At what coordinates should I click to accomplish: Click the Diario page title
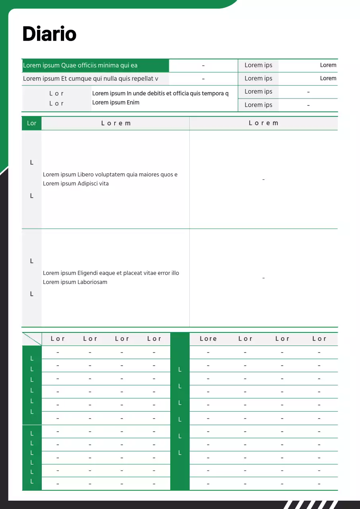click(49, 34)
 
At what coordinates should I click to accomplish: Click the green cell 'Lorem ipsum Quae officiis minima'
click(80, 66)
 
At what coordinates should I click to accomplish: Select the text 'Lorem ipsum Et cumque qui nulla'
click(90, 79)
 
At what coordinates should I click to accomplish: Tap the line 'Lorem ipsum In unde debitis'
click(160, 94)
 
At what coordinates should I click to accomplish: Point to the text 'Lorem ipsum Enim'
click(116, 103)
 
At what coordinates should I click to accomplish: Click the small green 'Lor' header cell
click(31, 123)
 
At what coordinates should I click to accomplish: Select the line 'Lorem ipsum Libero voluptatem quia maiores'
click(110, 175)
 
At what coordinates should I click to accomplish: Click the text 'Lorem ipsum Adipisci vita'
click(76, 184)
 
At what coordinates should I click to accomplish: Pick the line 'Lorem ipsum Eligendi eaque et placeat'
click(111, 273)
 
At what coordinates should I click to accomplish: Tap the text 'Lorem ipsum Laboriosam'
click(75, 282)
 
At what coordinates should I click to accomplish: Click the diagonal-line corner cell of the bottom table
click(32, 339)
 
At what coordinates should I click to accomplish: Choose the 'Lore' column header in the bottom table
click(208, 339)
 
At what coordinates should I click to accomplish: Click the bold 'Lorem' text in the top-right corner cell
click(328, 65)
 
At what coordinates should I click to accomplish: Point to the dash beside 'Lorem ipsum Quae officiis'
click(203, 66)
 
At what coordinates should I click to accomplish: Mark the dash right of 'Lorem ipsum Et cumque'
click(203, 79)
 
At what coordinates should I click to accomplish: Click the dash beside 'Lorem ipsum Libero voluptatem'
click(263, 180)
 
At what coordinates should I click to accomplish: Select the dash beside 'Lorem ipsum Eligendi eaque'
click(263, 278)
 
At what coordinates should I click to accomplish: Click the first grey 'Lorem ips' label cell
click(258, 66)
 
